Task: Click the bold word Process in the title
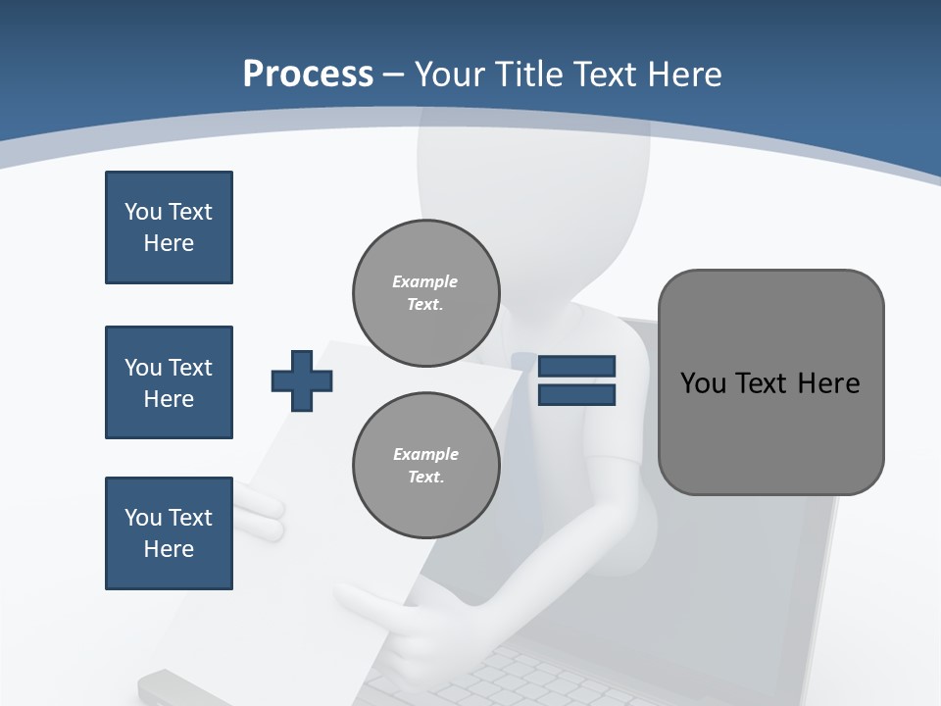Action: [308, 75]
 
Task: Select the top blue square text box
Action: [169, 227]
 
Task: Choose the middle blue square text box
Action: [169, 382]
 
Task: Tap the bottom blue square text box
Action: [169, 533]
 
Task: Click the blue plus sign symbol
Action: [302, 380]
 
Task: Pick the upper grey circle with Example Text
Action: [425, 293]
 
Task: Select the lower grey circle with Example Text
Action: [425, 466]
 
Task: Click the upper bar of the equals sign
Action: [576, 367]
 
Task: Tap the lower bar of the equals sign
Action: [576, 395]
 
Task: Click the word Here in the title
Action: [685, 75]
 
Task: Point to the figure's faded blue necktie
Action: [523, 441]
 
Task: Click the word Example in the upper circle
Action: [425, 282]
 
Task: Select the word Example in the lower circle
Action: [425, 455]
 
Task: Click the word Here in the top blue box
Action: [169, 243]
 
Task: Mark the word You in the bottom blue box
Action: [141, 518]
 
